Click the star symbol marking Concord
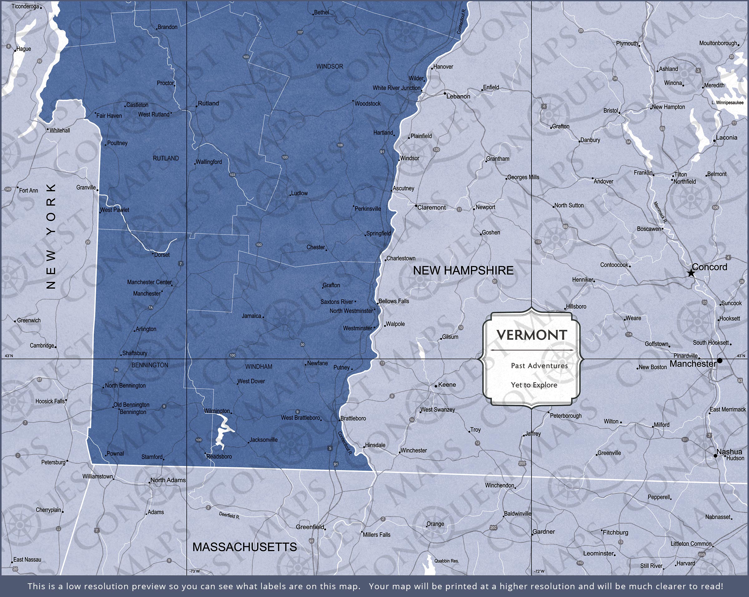tap(691, 273)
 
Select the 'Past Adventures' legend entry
tap(539, 365)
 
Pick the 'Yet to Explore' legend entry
tap(534, 385)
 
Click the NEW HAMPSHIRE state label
tap(463, 270)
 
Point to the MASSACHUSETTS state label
tap(245, 547)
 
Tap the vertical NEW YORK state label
tap(51, 236)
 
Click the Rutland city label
tap(208, 104)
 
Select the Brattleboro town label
tap(353, 418)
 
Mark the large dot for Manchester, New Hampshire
tap(719, 361)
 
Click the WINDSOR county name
tap(329, 66)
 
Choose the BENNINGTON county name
tap(150, 365)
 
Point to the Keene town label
tap(447, 385)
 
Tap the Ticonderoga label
tap(25, 6)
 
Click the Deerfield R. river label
tap(229, 516)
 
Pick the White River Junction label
tap(396, 88)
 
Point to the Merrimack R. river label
tap(660, 212)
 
